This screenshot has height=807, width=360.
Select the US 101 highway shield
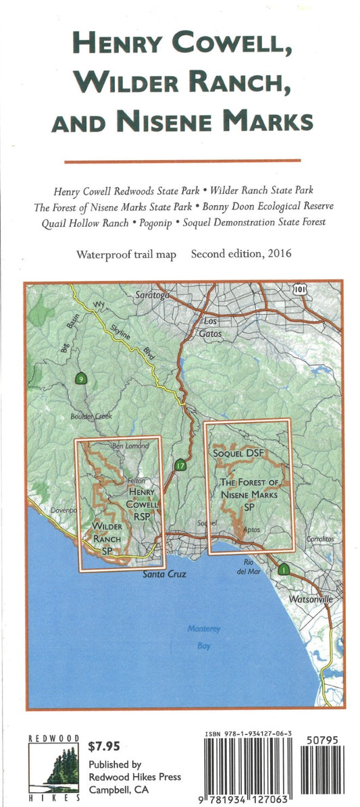coord(301,290)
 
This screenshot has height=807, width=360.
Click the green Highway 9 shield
coord(81,379)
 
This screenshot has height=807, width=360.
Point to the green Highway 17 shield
coord(180,465)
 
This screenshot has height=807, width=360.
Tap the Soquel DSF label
coord(236,453)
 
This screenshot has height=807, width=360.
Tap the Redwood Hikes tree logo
coord(54,767)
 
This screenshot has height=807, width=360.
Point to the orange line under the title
coord(182,161)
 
